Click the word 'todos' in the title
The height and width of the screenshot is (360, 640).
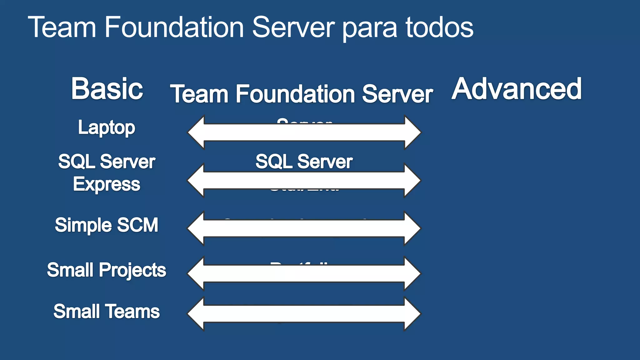point(439,27)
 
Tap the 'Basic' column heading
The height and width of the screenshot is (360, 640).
point(107,89)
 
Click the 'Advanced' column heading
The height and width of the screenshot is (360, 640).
point(517,89)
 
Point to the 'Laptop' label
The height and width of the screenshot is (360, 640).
point(107,128)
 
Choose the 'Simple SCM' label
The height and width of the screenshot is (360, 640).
point(107,225)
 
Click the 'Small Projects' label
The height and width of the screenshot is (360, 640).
point(107,270)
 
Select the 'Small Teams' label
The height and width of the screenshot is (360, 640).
point(107,312)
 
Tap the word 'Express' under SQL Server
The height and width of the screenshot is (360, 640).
point(107,184)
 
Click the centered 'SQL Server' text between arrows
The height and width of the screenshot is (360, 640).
point(304,162)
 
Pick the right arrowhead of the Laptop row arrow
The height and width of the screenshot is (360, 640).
point(412,132)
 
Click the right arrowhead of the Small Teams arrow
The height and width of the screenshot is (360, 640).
point(412,314)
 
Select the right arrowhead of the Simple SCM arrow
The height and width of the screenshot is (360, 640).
point(412,228)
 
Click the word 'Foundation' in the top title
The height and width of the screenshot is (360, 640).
point(174,27)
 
